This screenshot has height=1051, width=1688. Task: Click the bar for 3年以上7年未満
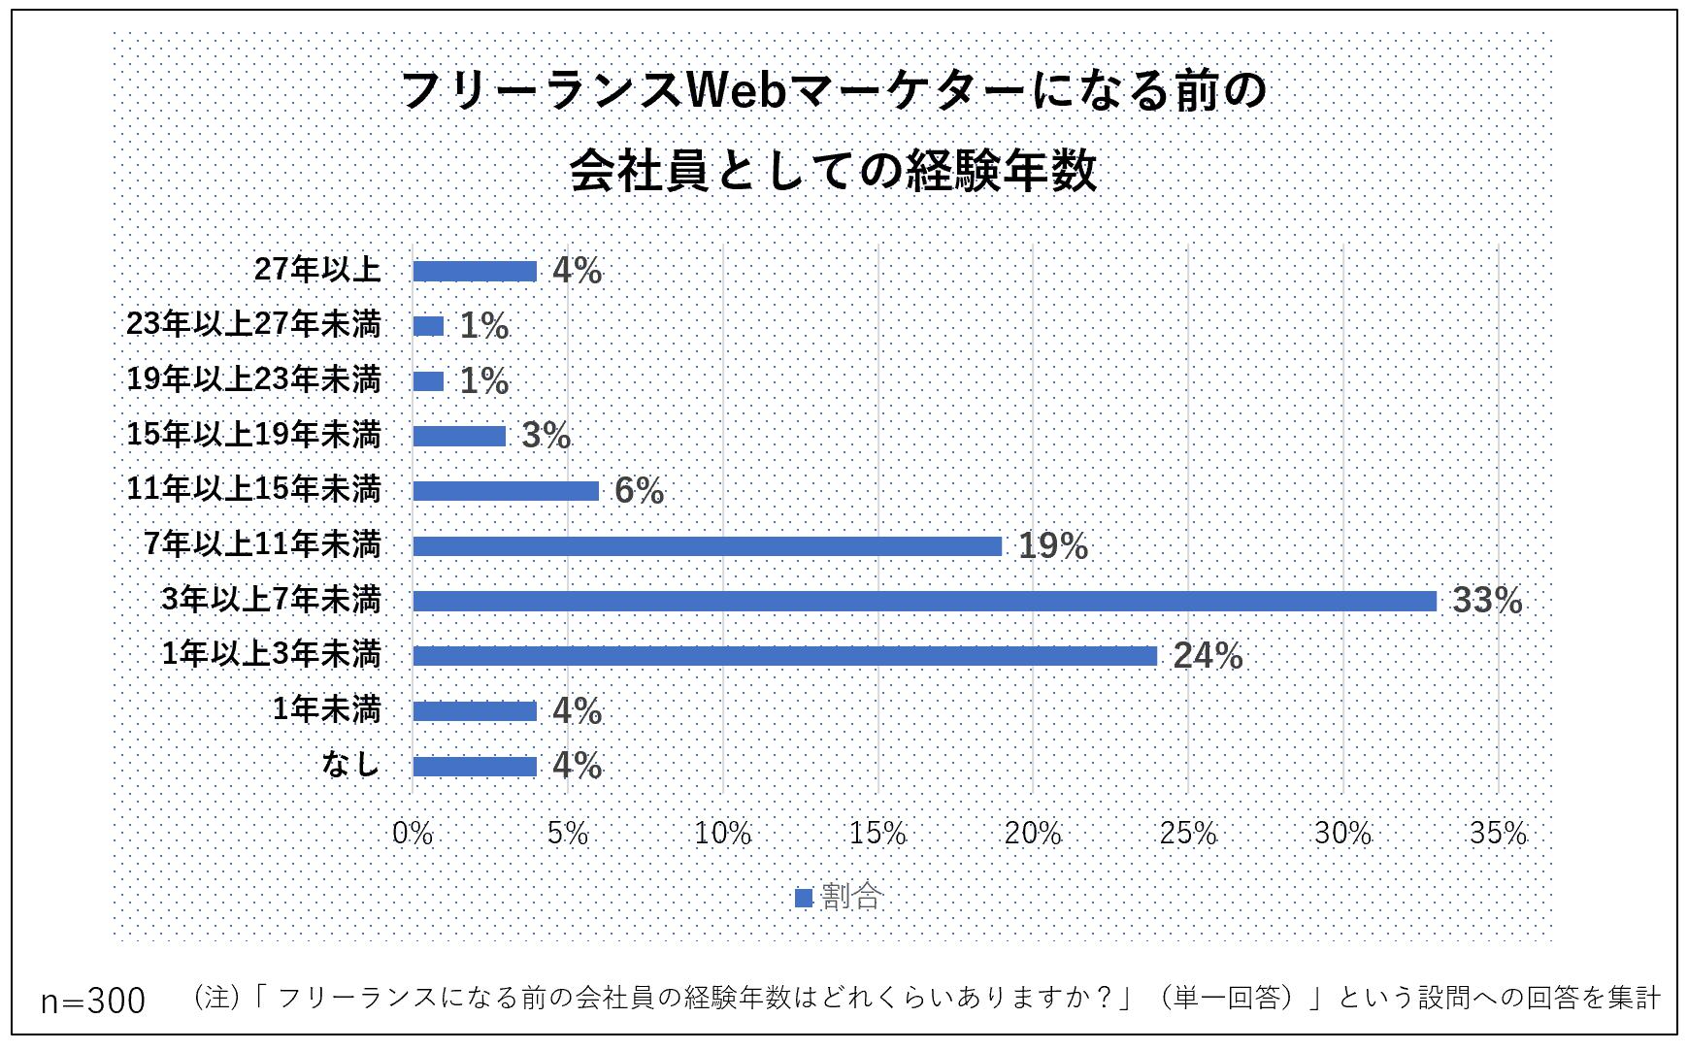(924, 602)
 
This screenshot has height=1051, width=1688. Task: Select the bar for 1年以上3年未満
(784, 657)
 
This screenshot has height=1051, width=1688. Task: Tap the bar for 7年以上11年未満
(707, 546)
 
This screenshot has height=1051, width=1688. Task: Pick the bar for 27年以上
(475, 271)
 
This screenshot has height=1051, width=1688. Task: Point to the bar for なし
(475, 767)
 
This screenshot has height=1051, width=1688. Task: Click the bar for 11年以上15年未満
(506, 491)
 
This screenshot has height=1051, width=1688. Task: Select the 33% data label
(1486, 602)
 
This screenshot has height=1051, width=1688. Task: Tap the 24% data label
(1208, 657)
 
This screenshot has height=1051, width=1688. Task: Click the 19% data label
(1052, 547)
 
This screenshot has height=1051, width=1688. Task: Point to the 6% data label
(639, 492)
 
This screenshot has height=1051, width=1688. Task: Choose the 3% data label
(546, 437)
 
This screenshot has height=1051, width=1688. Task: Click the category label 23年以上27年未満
(253, 324)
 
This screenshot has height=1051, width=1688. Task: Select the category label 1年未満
(326, 710)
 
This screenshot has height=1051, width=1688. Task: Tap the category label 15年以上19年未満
(253, 435)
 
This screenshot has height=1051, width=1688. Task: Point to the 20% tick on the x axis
(1033, 834)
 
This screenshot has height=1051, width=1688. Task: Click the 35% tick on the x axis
(1498, 834)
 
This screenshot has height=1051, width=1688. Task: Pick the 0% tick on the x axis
(413, 834)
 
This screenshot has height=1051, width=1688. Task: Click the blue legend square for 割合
(803, 899)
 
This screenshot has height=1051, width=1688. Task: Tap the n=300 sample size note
(93, 1001)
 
